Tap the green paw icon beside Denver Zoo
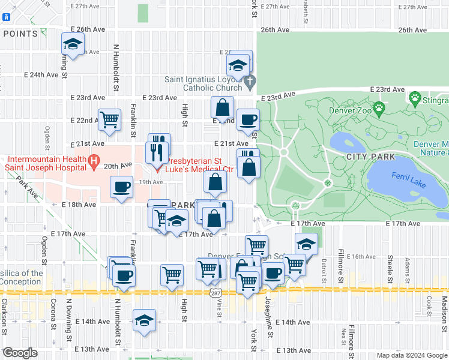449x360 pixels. click(379, 109)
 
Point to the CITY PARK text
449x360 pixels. click(371, 157)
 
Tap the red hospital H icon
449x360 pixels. click(93, 160)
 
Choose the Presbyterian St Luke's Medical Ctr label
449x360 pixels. click(199, 165)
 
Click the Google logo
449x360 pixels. click(20, 353)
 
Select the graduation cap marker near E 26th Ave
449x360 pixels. click(73, 44)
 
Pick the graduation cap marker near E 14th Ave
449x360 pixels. click(144, 319)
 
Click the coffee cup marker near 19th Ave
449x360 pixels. click(122, 187)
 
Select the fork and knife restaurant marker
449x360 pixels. click(157, 151)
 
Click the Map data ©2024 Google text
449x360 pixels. click(411, 355)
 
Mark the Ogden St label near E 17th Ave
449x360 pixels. click(44, 254)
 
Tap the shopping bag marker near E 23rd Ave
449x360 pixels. click(222, 108)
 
